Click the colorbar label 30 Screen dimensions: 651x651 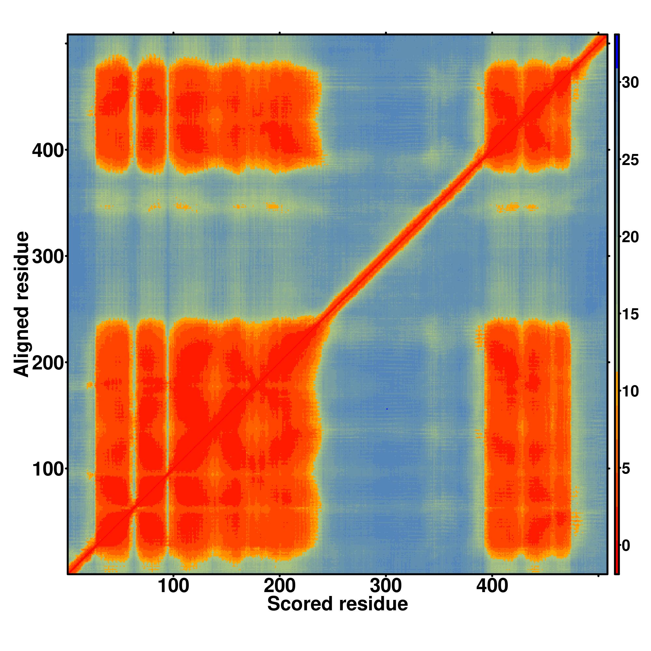pyautogui.click(x=630, y=83)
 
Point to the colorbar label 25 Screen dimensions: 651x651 pyautogui.click(x=630, y=160)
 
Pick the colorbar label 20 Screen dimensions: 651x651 pyautogui.click(x=630, y=238)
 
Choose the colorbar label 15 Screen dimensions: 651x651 pyautogui.click(x=630, y=315)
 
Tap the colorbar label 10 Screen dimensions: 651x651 pyautogui.click(x=630, y=392)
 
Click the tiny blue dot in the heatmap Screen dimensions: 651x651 pyautogui.click(x=387, y=409)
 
